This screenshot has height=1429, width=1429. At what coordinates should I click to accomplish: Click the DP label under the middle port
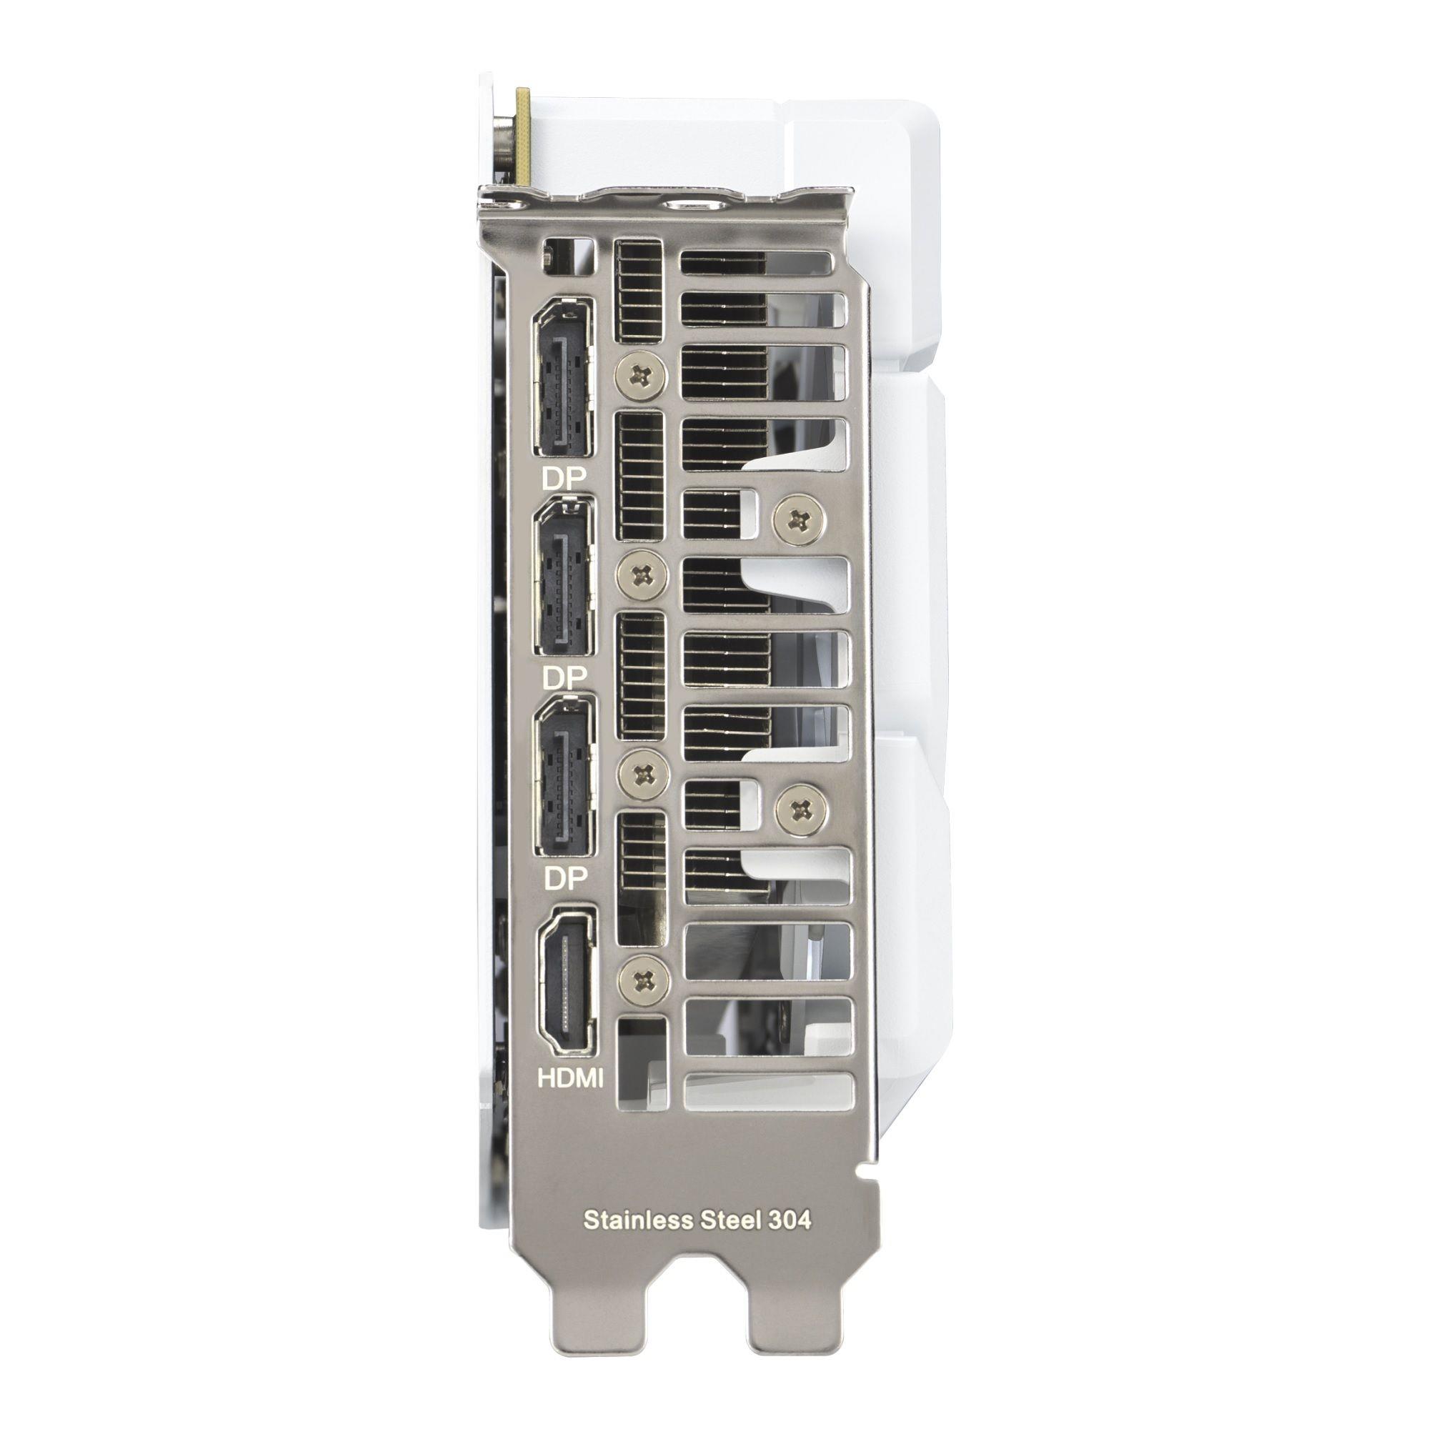564,676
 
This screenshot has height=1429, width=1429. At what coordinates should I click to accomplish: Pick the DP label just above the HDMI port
565,877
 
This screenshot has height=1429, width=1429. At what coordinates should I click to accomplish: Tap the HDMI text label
569,1078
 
